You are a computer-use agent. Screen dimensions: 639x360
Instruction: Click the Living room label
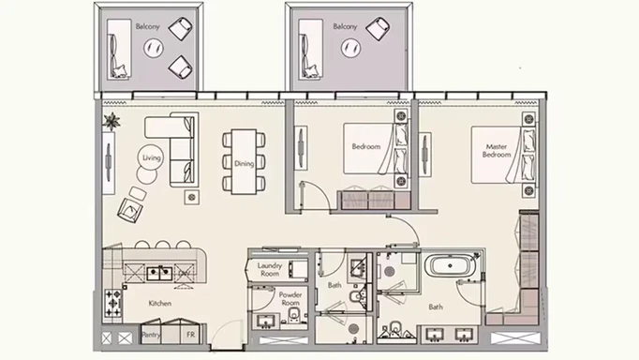[152, 157]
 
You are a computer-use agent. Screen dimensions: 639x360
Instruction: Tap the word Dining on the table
[245, 164]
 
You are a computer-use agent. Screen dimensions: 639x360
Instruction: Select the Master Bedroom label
[497, 150]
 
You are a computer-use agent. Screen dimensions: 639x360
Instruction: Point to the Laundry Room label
[270, 269]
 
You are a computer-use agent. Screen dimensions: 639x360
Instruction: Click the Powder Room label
[290, 299]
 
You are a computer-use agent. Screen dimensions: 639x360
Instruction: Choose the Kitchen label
[159, 304]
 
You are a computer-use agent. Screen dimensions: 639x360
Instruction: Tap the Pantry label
[151, 335]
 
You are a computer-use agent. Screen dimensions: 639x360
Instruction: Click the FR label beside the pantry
[191, 335]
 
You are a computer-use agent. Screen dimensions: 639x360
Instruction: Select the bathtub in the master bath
[450, 266]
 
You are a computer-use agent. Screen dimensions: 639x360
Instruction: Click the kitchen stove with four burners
[112, 304]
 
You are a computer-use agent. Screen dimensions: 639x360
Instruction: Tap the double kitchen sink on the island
[159, 273]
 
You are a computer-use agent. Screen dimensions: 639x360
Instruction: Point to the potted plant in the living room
[111, 121]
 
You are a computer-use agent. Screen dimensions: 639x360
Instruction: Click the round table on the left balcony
[154, 48]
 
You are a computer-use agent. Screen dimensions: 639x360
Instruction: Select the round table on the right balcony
[350, 49]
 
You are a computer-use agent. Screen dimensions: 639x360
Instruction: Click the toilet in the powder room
[293, 314]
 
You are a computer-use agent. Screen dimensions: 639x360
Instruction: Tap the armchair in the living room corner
[130, 210]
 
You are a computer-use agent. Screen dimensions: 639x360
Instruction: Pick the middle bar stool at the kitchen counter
[163, 244]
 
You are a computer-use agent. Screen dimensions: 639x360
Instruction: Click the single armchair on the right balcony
[378, 28]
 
